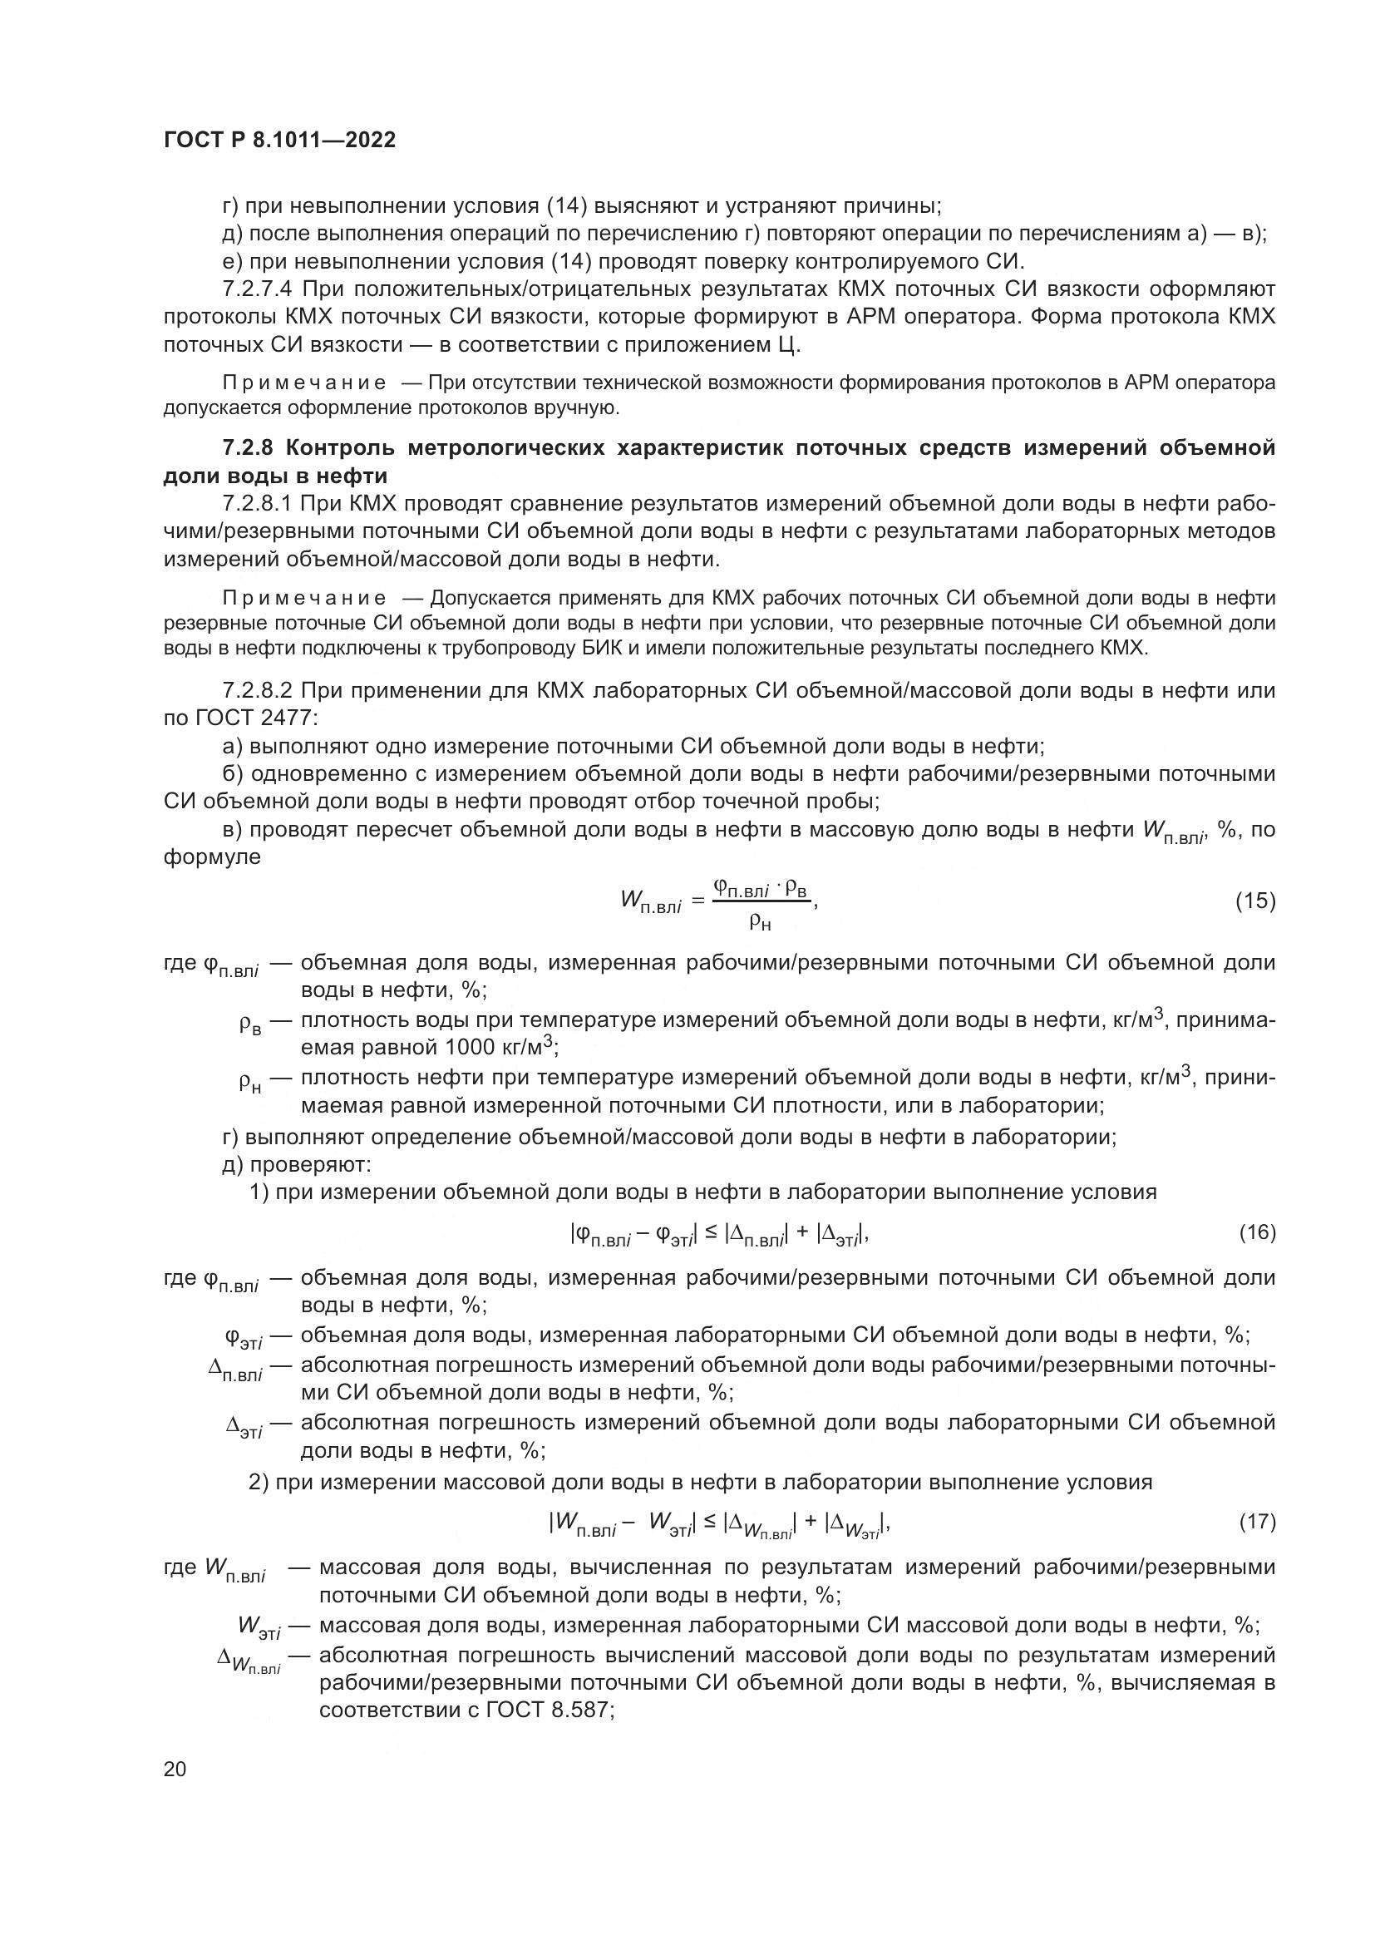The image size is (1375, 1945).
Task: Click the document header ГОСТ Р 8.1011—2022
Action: click(279, 141)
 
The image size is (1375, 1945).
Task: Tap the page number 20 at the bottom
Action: click(175, 1769)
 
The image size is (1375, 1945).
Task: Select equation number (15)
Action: click(1254, 901)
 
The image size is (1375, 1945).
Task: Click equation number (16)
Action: click(1256, 1232)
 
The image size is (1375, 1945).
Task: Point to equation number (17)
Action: click(1256, 1522)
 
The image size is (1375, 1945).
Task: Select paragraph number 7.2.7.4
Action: click(258, 289)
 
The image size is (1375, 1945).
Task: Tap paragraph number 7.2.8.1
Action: click(258, 504)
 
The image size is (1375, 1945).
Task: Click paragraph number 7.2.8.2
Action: click(258, 690)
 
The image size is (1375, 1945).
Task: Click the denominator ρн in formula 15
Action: click(760, 922)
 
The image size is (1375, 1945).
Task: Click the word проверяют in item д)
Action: click(310, 1165)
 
